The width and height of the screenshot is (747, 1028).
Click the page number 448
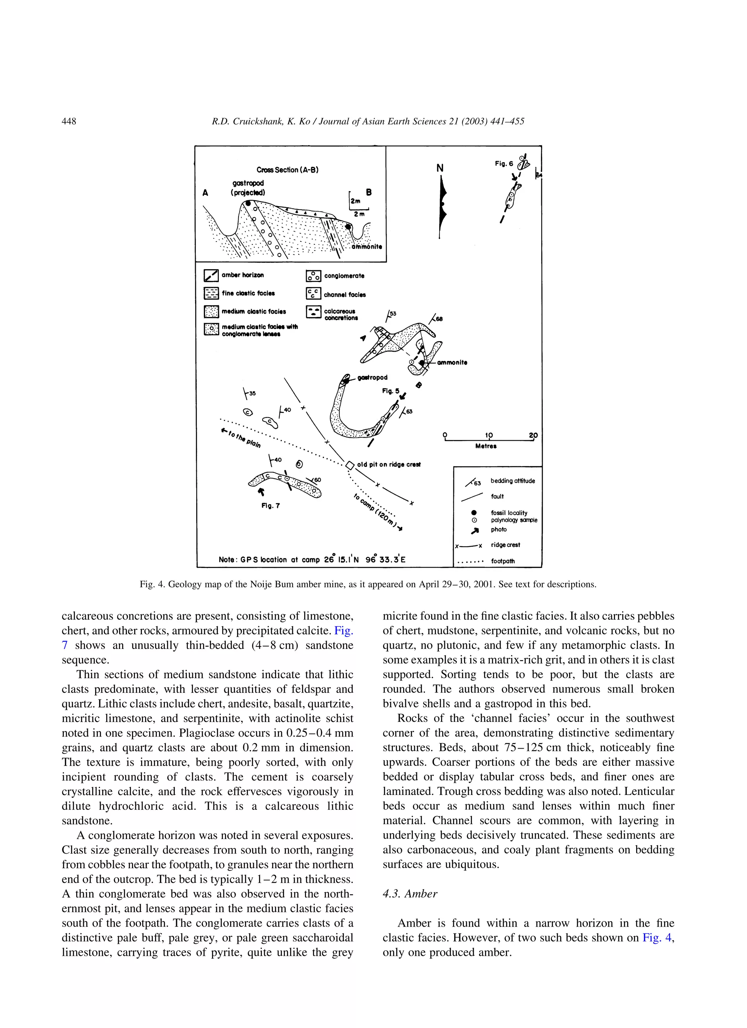pos(69,121)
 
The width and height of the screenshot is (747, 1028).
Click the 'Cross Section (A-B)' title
pos(287,170)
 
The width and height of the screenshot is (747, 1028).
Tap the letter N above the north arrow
pos(440,169)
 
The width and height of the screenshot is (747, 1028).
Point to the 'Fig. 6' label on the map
pos(504,164)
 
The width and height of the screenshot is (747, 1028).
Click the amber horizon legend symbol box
pos(211,275)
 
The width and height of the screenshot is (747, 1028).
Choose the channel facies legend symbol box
pos(313,294)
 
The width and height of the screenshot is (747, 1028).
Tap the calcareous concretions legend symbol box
pos(313,312)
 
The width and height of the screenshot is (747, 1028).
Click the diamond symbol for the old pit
pos(350,465)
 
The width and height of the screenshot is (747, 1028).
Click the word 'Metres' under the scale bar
pos(485,446)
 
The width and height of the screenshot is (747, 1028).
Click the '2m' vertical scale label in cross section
pos(355,201)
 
